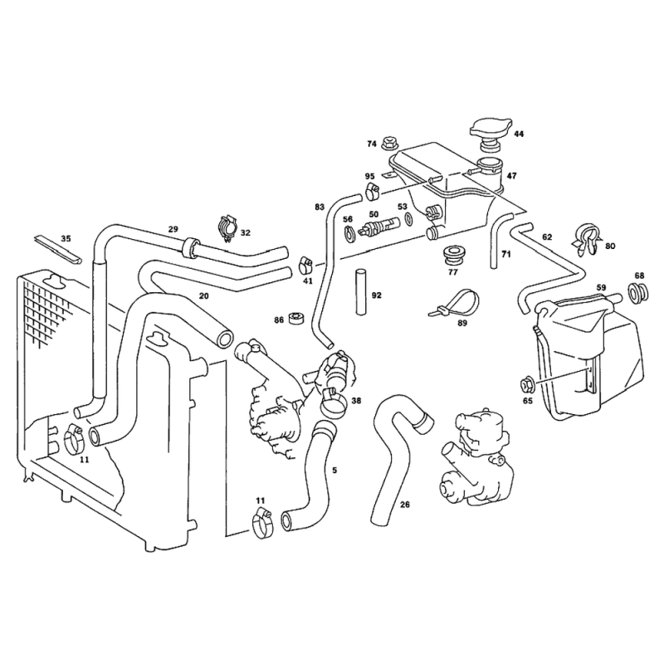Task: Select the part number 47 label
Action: (x=511, y=176)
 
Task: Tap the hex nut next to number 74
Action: (x=389, y=143)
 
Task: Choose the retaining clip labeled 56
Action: (x=349, y=233)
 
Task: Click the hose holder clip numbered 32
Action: (x=227, y=229)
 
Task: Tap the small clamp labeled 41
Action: (x=305, y=265)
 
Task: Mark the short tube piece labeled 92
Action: (x=360, y=292)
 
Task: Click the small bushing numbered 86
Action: (x=295, y=318)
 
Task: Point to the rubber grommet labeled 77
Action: (x=451, y=254)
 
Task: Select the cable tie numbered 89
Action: (x=456, y=301)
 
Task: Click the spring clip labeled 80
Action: (x=586, y=239)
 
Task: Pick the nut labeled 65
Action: (x=527, y=384)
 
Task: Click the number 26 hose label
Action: (x=405, y=505)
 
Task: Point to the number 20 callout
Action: (x=203, y=296)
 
